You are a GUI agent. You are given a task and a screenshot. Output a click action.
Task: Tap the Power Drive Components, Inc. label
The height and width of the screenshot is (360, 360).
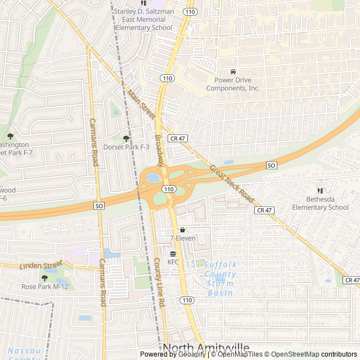pos(233,84)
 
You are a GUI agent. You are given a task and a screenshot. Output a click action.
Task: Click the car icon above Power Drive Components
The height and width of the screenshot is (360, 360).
pos(233,72)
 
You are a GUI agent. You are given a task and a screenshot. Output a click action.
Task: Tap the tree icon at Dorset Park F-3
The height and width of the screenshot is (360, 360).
pos(126,138)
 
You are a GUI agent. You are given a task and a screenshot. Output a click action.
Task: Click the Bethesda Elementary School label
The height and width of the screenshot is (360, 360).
pos(320,203)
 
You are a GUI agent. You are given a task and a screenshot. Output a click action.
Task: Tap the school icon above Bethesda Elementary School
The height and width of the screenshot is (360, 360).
pos(321,191)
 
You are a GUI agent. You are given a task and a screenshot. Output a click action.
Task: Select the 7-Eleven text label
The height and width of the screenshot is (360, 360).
pos(182,238)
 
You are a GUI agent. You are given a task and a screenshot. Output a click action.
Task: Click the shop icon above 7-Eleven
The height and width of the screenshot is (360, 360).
pos(182,229)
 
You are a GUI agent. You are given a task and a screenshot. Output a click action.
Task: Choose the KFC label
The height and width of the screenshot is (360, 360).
pos(173,262)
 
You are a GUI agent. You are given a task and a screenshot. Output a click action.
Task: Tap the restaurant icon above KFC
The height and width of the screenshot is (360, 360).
pos(173,254)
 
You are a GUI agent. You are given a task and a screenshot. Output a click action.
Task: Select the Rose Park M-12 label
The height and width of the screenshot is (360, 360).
pos(45,287)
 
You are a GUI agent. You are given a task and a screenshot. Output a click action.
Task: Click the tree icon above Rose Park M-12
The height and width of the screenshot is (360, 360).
pos(45,278)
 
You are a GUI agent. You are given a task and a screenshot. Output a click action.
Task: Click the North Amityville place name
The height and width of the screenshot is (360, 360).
pos(205,348)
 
